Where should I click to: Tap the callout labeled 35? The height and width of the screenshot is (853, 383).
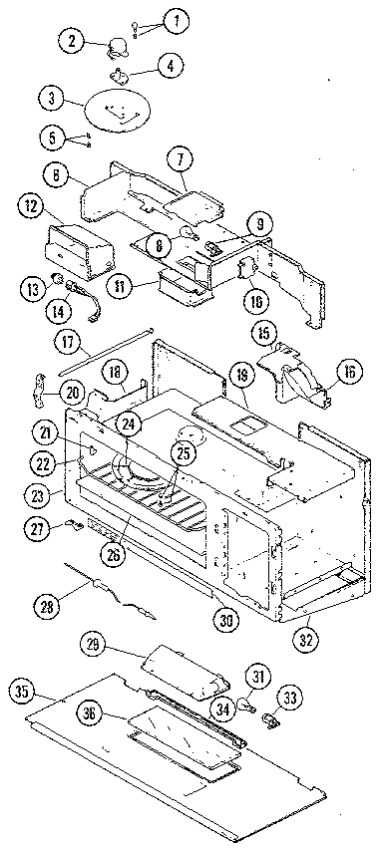pos(26,690)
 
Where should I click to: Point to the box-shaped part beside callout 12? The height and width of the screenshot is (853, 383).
pos(85,244)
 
